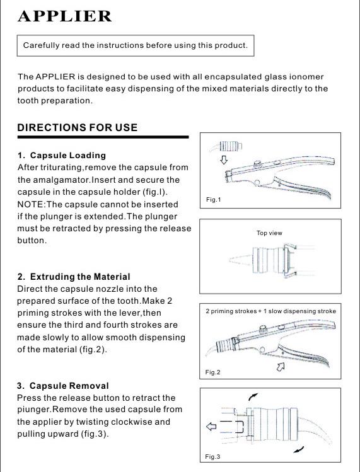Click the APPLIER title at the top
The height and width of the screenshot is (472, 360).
click(x=65, y=16)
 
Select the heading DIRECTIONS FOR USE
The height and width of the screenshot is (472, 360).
click(x=78, y=128)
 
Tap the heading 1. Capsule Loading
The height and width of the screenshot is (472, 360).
click(x=62, y=155)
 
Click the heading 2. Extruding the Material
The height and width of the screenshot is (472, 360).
click(x=74, y=277)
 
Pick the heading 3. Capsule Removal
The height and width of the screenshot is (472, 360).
click(x=63, y=386)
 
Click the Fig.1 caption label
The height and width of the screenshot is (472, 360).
click(x=213, y=200)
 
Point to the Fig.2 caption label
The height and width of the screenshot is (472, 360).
click(x=212, y=372)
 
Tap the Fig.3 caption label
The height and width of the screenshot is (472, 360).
click(x=212, y=457)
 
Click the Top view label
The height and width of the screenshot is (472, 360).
click(x=269, y=233)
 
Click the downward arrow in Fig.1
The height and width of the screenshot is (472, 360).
click(x=224, y=159)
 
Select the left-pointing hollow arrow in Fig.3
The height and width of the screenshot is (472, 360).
click(x=211, y=426)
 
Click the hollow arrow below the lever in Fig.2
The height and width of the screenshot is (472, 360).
click(x=281, y=367)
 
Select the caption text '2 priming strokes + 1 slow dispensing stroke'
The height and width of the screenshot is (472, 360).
click(x=271, y=311)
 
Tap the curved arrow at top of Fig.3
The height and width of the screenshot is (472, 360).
click(x=253, y=397)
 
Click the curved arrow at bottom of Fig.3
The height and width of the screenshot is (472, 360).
click(x=299, y=450)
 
